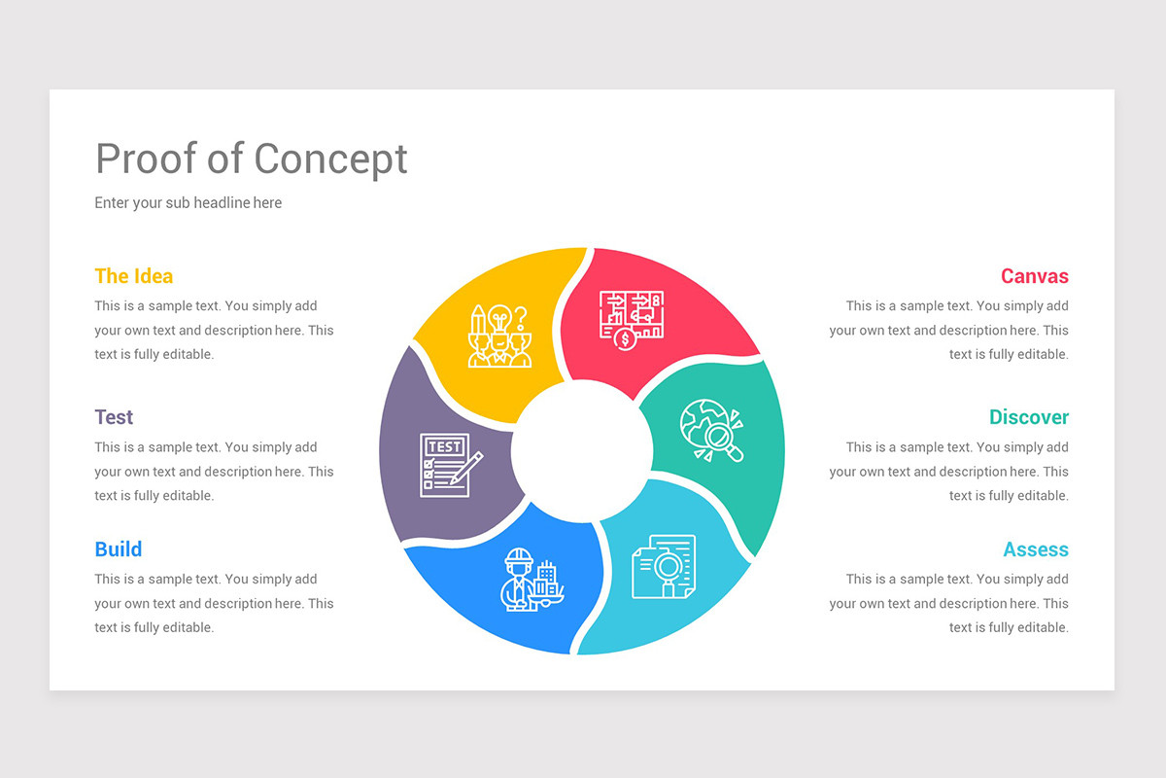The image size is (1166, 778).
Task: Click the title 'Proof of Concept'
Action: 252,159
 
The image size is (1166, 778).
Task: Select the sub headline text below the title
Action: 188,203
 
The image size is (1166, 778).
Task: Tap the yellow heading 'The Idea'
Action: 133,276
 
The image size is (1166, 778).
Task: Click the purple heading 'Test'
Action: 114,417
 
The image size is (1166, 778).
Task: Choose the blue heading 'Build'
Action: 119,549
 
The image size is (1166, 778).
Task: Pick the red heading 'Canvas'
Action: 1034,276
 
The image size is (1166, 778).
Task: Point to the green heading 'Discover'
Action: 1028,417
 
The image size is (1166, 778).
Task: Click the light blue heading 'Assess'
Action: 1035,549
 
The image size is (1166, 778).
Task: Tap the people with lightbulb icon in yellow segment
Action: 499,336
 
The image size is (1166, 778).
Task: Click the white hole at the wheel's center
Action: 581,449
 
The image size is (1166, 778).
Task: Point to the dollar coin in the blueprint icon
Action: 625,339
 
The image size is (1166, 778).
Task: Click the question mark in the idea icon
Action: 521,317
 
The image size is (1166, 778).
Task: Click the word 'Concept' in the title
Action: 330,159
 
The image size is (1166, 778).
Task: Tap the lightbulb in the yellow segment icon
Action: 499,318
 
